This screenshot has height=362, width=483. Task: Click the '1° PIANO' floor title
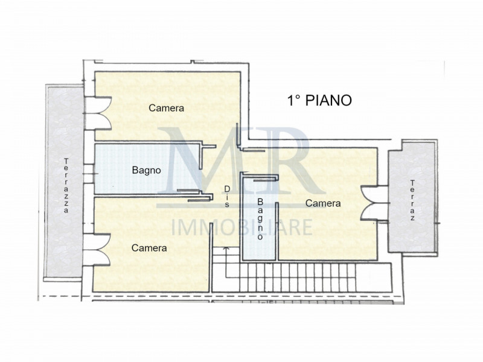coord(319,101)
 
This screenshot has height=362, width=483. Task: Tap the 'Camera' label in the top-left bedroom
coord(166,108)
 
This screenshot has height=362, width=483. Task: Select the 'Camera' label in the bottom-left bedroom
coord(149,247)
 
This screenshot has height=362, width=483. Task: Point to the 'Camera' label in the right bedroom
coord(322,203)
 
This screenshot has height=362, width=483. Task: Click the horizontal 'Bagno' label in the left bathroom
coord(146,170)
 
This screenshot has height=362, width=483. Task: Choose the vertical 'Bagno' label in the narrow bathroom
coord(260,219)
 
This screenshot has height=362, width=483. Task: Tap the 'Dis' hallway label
coord(227,197)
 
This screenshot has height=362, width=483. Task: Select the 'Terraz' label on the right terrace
coord(412,200)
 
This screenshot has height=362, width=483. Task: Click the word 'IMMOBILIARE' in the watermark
coord(242,227)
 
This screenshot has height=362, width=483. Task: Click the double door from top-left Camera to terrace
coord(97,113)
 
